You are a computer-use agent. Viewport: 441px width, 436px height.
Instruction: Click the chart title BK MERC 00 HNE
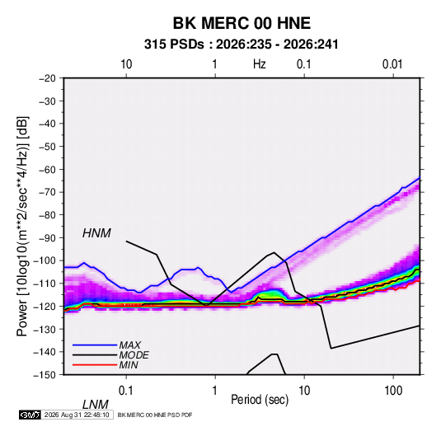[242, 23]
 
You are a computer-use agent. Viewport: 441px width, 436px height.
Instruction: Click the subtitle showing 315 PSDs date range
[242, 45]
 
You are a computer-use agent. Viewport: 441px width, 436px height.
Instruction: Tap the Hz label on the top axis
[260, 64]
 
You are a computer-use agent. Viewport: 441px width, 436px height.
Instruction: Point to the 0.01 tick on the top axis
[392, 64]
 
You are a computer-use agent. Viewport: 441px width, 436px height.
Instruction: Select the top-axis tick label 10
[126, 64]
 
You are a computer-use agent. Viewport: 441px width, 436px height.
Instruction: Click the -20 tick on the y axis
[47, 78]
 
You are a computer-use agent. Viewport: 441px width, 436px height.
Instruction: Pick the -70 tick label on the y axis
[47, 192]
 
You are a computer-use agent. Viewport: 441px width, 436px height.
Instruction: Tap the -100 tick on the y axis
[45, 260]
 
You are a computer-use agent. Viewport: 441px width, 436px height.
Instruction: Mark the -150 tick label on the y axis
[45, 375]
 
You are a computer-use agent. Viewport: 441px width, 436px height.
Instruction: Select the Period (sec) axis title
[260, 400]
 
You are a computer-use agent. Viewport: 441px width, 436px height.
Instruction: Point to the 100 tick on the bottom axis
[393, 391]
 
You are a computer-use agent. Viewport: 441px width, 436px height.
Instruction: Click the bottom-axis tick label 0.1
[126, 391]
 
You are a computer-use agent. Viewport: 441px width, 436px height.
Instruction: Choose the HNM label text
[96, 233]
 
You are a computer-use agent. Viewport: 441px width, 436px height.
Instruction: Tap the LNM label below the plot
[96, 405]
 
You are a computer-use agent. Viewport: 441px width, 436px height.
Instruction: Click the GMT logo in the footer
[30, 415]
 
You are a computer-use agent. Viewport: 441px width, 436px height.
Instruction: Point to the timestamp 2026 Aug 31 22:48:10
[77, 415]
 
